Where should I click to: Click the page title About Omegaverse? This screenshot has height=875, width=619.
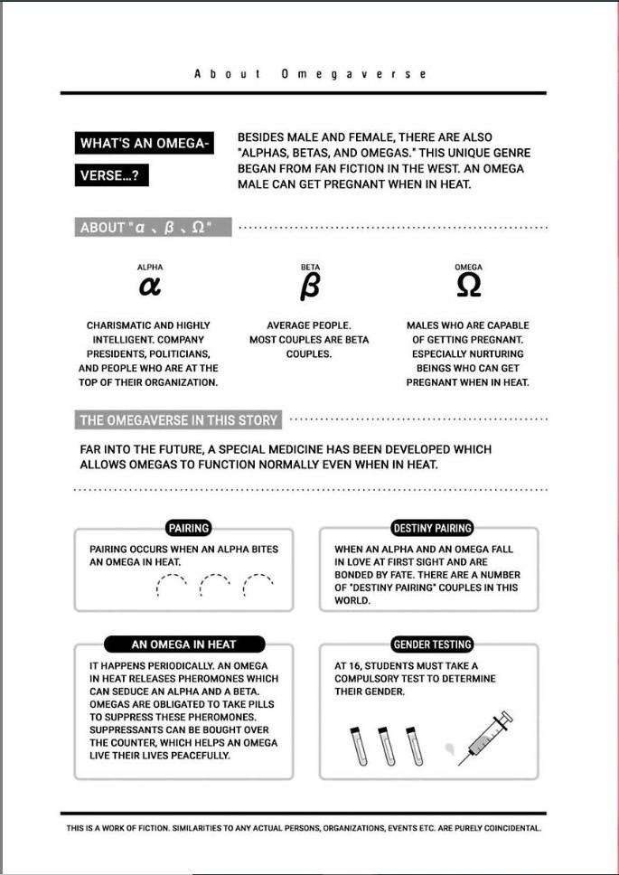tap(310, 74)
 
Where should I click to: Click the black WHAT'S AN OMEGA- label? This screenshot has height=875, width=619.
tap(145, 144)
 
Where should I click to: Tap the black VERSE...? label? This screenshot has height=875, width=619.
tap(111, 176)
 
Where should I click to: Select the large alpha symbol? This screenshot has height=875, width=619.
tap(150, 287)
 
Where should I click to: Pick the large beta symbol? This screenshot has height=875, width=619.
tap(309, 287)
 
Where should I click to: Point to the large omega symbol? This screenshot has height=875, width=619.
tap(468, 287)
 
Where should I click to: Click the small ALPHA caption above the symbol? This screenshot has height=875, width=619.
tap(150, 268)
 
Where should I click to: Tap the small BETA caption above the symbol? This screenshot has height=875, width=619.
tap(310, 268)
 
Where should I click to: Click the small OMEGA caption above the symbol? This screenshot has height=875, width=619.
tap(468, 268)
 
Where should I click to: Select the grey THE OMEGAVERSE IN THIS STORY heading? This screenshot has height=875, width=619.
tap(179, 420)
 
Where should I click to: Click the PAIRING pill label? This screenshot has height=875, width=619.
tap(188, 528)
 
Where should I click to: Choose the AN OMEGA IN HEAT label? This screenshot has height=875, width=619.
tap(184, 644)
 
